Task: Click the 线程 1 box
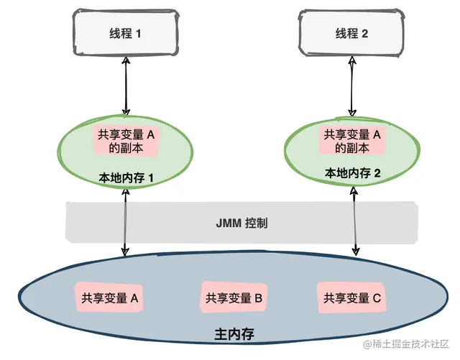(x=125, y=34)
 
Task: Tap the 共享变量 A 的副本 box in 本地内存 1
(x=126, y=141)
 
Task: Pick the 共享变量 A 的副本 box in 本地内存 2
(x=352, y=141)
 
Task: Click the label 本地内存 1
(x=126, y=176)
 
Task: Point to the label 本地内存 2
(x=352, y=172)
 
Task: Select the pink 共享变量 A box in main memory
(x=110, y=297)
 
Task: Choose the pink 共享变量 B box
(x=234, y=297)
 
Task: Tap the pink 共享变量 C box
(x=352, y=297)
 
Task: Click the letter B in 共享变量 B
(x=258, y=297)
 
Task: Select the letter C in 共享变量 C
(x=377, y=297)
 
